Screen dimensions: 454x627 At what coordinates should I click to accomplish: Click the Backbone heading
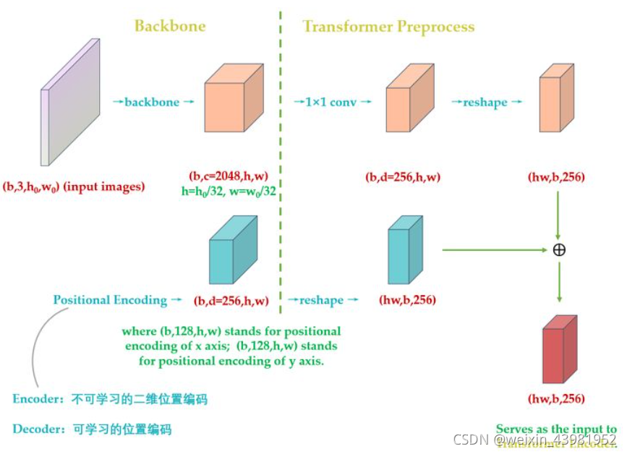coord(170,26)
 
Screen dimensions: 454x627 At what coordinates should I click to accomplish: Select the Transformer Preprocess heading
coord(388,27)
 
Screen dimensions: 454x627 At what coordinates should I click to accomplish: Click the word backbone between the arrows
coord(152,102)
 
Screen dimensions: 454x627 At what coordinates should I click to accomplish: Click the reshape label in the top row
coord(485,103)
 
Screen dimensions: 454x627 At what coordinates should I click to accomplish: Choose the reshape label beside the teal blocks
coord(321,299)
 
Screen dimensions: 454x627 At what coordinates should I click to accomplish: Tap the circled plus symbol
coord(558,250)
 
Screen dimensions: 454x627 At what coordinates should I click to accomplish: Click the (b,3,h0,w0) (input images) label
coord(74,187)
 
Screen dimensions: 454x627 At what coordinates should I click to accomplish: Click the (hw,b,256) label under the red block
coord(557,398)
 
